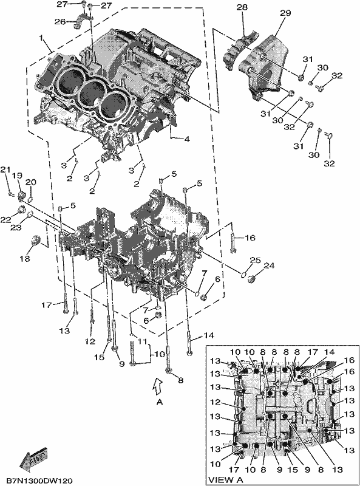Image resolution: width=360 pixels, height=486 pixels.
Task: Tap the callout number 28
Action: click(x=242, y=7)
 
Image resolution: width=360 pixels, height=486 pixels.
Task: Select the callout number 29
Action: click(x=285, y=13)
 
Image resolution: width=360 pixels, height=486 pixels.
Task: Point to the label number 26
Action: click(x=60, y=22)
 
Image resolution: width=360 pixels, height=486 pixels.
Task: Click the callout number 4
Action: click(x=187, y=140)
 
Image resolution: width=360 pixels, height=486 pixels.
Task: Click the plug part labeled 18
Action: click(x=36, y=240)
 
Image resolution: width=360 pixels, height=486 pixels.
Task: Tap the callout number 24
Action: click(x=269, y=265)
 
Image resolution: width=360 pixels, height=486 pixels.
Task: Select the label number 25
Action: click(x=256, y=261)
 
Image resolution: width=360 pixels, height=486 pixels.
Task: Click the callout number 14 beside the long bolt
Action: click(x=209, y=335)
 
